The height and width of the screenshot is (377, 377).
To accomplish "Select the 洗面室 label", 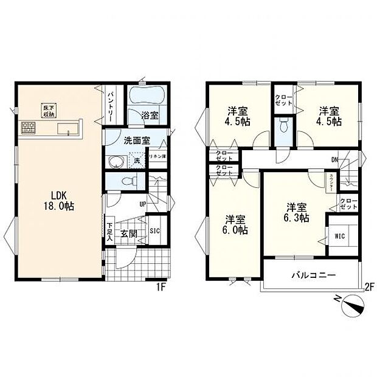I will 137,140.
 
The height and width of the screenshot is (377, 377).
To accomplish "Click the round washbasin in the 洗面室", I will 115,162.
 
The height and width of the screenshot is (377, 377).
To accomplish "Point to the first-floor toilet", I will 125,181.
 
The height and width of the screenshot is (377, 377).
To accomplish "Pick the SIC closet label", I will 154,231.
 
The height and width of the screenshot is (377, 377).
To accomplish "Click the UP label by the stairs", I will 143,204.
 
